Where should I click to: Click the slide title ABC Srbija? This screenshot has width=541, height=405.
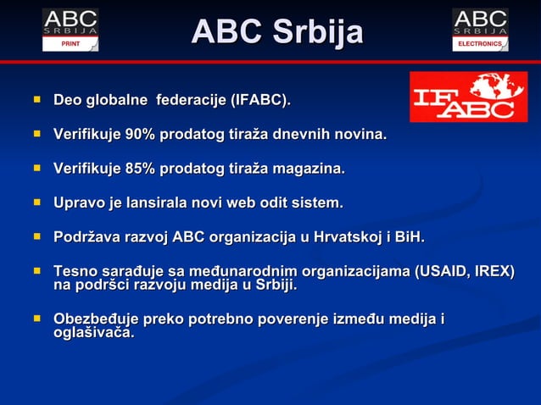point(277,32)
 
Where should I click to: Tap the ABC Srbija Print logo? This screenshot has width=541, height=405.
point(70,30)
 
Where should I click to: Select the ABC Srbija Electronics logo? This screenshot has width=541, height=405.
point(480,30)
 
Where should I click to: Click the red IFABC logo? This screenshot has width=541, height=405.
point(468,97)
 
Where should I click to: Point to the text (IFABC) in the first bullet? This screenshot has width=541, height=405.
point(259,101)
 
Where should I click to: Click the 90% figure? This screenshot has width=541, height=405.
point(139,134)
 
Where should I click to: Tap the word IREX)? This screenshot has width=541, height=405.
point(494,271)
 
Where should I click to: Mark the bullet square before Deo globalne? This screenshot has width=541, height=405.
point(36,100)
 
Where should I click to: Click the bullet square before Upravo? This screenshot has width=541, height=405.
point(36,202)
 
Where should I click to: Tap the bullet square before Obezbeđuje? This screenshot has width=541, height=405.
point(36,319)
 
